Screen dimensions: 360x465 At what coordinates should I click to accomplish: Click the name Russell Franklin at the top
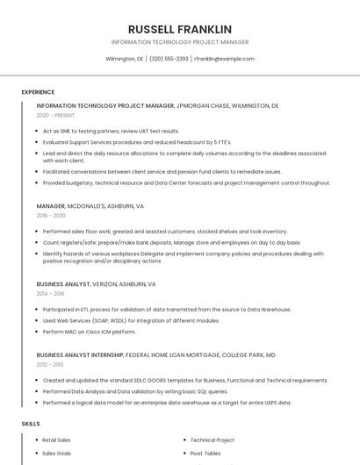click(180, 29)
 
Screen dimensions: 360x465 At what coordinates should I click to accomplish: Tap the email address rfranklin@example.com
click(224, 59)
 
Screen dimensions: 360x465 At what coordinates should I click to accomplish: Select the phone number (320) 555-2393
click(169, 59)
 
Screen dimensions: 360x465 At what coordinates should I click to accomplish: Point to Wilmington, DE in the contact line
click(125, 59)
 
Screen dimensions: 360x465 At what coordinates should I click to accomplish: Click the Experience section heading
click(38, 92)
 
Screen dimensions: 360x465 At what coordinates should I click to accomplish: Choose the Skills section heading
click(31, 424)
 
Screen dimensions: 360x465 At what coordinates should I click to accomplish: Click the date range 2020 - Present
click(55, 115)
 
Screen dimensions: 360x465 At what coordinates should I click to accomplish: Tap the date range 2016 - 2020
click(51, 215)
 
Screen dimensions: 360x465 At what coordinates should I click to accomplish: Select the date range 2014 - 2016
click(50, 294)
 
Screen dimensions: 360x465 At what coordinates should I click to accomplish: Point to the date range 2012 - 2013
click(50, 364)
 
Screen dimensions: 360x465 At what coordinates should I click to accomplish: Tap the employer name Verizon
click(112, 285)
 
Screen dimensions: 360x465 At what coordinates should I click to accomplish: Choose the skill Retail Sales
click(56, 440)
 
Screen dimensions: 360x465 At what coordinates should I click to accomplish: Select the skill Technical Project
click(212, 440)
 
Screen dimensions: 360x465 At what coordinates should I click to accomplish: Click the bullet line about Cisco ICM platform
click(89, 332)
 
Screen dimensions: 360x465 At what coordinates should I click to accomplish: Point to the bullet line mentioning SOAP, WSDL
click(119, 320)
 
